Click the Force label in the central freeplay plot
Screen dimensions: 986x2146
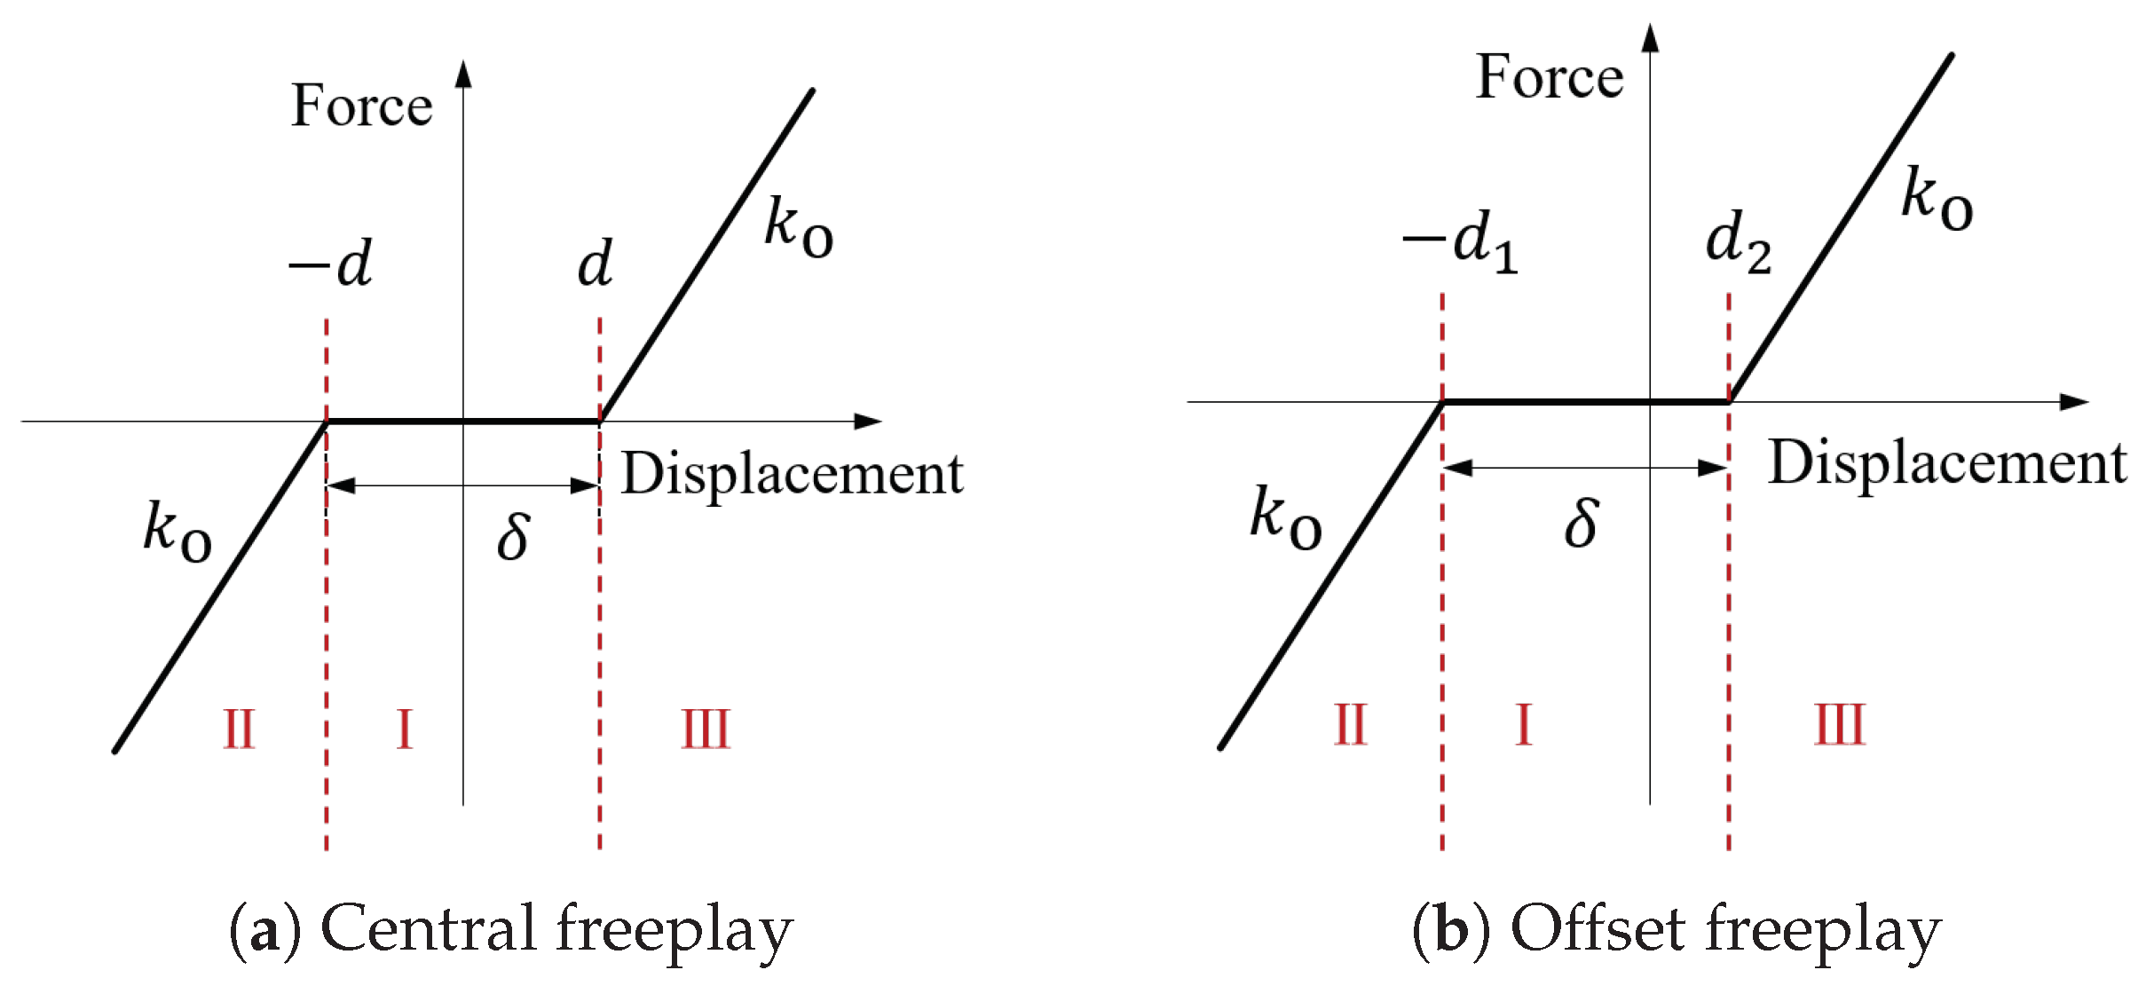361,106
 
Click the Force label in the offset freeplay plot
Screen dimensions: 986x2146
1549,77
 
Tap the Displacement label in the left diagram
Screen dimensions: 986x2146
792,474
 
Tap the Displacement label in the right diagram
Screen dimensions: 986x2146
1947,463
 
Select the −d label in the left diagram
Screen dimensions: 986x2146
330,264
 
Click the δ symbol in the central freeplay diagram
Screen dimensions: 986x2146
513,536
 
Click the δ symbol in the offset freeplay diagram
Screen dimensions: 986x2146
1582,523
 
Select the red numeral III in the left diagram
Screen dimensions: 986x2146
706,730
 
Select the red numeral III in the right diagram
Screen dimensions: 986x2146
1839,725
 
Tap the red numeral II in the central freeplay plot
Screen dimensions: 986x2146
239,730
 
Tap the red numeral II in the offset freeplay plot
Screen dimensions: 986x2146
1350,725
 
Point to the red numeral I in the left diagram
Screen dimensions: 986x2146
405,730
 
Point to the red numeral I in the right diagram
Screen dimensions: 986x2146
1524,725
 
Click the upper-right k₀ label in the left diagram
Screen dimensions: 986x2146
798,228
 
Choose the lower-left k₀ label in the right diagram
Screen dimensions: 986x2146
1285,519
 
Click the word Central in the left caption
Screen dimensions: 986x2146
430,928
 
